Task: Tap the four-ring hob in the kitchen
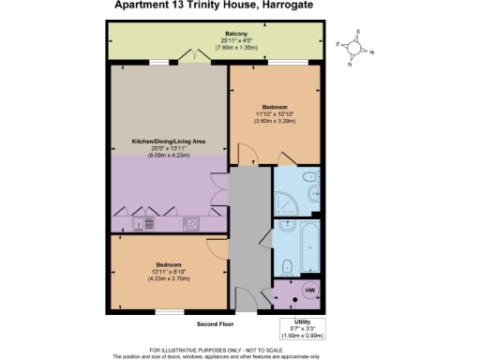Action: (191, 223)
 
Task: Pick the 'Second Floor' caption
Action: (214, 324)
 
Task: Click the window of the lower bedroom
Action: (169, 309)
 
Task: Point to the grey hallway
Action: (249, 234)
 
